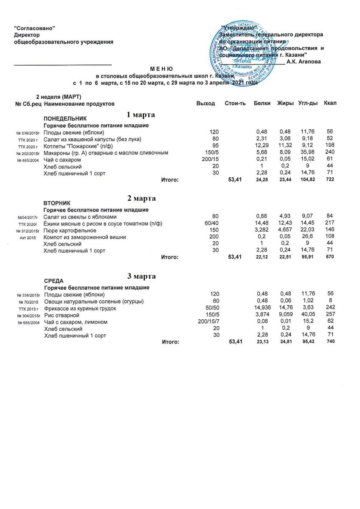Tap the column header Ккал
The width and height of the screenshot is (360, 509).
pos(330,103)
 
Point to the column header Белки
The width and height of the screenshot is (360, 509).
pos(262,103)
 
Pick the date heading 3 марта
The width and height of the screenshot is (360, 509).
pos(141,277)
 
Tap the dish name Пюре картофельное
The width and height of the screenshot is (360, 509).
pos(70,230)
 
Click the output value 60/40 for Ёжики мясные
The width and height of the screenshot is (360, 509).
pos(211,224)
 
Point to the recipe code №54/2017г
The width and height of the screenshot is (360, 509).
pos(28,217)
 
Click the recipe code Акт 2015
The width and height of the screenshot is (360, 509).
pos(28,238)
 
